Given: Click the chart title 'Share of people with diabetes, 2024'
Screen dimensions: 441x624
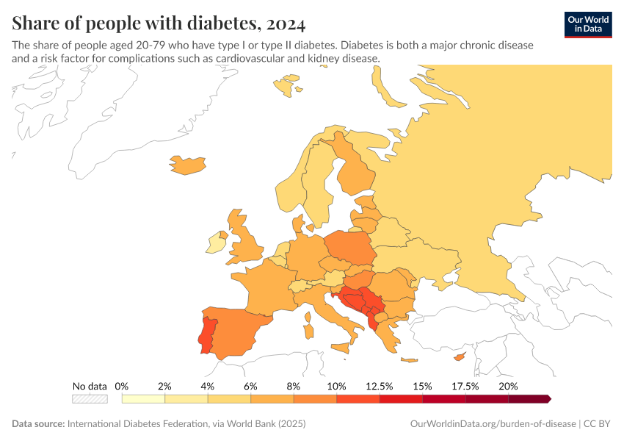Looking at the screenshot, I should click(159, 24).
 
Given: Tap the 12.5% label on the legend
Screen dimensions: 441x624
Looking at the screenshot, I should click(380, 386).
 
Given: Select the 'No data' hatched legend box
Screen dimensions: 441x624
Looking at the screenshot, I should click(90, 399).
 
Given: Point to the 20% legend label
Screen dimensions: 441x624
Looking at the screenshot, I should click(508, 386).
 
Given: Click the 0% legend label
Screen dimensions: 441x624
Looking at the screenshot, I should click(122, 386).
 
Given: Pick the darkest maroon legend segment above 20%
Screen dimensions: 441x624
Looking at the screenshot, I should click(529, 399).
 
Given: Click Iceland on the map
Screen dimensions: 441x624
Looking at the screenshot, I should click(187, 165).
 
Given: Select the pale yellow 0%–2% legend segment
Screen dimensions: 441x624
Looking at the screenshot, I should click(143, 399).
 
